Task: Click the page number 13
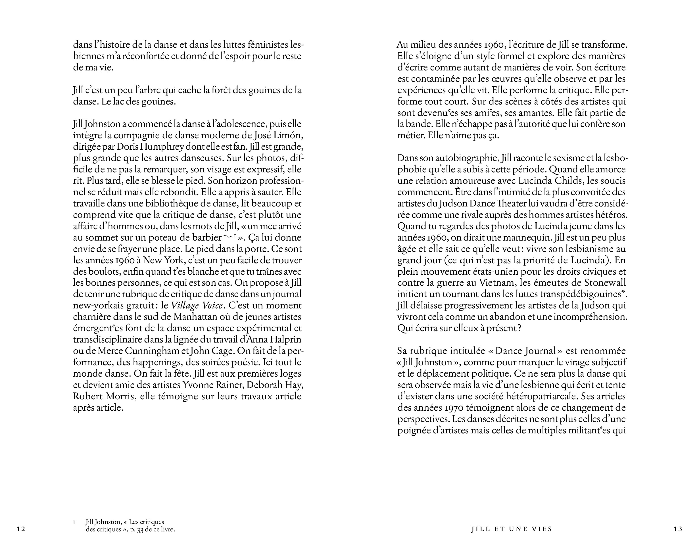click(x=678, y=529)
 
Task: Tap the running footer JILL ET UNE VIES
click(x=512, y=529)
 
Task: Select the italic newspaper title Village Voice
click(x=197, y=306)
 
